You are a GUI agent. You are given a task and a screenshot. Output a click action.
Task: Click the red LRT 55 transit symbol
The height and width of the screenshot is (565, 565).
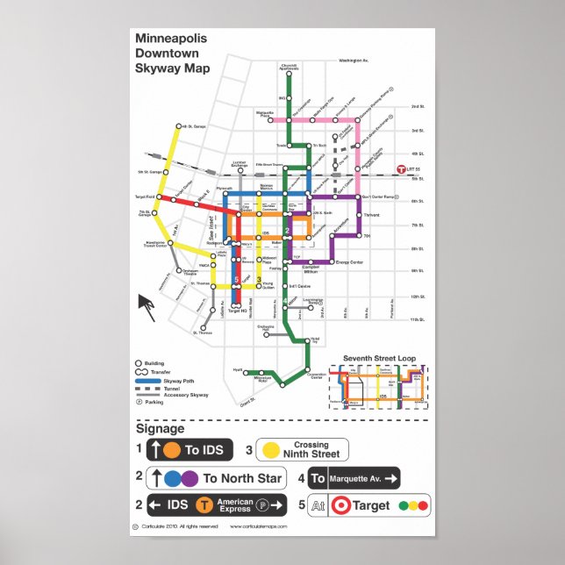point(402,168)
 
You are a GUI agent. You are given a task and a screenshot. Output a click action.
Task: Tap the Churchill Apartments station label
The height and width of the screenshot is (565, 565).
point(290,67)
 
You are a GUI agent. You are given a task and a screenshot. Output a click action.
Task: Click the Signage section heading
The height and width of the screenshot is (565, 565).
point(160,429)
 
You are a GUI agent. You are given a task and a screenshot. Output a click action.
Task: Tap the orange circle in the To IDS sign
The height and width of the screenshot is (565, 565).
point(171,450)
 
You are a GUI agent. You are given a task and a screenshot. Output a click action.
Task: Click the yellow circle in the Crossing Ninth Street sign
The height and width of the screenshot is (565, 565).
point(272,450)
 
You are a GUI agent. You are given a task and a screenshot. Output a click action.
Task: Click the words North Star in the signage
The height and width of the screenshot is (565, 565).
point(254,478)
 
